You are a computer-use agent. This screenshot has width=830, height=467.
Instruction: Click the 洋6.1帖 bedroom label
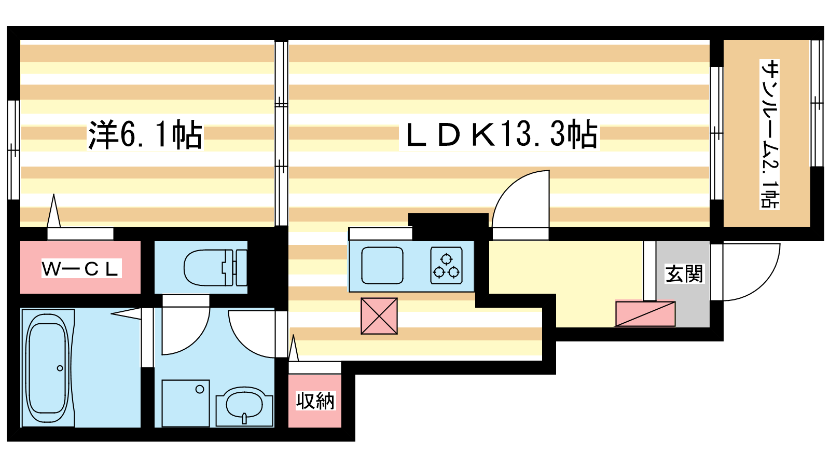(145, 134)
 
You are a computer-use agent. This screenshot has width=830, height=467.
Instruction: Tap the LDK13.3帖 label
(499, 134)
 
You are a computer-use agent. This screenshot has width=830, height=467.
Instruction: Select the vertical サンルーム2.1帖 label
(769, 134)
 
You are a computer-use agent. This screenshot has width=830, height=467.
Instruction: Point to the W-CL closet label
(81, 268)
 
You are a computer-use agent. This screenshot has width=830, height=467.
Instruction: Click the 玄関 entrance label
(684, 273)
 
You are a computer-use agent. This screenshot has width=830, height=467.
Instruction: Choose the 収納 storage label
(315, 401)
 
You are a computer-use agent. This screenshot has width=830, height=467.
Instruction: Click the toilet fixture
(215, 267)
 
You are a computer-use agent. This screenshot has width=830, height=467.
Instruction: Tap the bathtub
(48, 368)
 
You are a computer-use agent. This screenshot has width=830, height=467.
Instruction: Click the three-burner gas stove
(447, 265)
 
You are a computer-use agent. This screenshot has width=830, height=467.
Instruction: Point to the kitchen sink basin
(382, 265)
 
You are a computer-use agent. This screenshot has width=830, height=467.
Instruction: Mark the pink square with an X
(379, 316)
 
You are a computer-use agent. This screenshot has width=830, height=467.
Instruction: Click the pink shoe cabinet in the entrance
(645, 314)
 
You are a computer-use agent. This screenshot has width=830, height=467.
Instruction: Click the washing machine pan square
(186, 403)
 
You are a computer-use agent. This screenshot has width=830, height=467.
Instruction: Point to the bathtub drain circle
(60, 368)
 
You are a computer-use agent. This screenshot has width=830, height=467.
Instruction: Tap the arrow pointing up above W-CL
(54, 211)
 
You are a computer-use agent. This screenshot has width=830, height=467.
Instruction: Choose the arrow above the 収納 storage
(294, 348)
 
